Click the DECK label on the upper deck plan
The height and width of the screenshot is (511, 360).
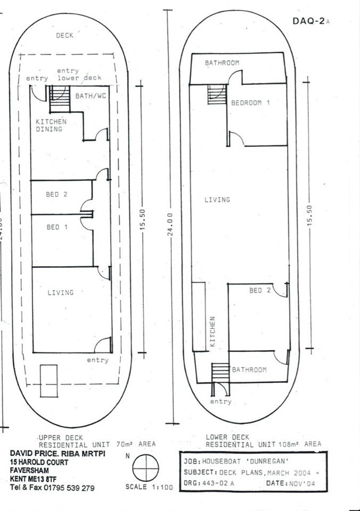pos(64,35)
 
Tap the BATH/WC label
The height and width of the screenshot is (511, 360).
pos(91,96)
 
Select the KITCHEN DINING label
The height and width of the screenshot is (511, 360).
pos(51,126)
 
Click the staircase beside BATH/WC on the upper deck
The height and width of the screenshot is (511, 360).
pos(60,99)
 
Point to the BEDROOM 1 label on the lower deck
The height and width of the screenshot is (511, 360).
pos(250,103)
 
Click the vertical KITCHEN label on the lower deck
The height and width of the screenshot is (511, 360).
pos(212,332)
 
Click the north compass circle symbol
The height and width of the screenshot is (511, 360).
pos(145,468)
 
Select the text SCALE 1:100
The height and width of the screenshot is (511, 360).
pos(149,487)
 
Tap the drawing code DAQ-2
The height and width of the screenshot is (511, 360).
pos(309,21)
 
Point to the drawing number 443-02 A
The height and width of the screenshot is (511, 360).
pos(218,483)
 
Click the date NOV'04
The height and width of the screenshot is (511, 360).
pos(302,483)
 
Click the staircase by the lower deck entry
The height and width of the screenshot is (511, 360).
pos(220,372)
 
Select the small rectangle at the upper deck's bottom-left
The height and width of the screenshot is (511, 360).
pos(48,381)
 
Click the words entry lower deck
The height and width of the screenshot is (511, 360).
pos(79,75)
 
